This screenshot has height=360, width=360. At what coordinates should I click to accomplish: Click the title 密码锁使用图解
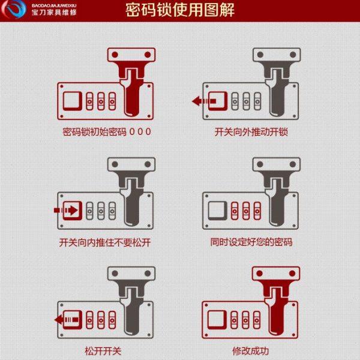(180, 10)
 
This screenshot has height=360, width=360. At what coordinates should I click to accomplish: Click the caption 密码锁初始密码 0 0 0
(107, 131)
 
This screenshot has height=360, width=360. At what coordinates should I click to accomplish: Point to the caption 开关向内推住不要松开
(107, 242)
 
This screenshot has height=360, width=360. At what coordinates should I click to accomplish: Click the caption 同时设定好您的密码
(251, 242)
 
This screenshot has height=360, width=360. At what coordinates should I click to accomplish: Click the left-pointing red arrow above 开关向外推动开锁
(202, 101)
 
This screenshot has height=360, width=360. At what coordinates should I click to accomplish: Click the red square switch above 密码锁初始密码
(72, 101)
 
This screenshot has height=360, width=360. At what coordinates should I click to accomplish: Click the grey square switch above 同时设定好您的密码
(217, 210)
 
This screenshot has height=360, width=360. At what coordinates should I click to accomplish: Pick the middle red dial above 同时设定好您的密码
(246, 210)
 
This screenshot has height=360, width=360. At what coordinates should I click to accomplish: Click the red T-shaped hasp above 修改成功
(275, 300)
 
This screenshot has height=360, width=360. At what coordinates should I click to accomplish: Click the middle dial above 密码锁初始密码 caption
(101, 101)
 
